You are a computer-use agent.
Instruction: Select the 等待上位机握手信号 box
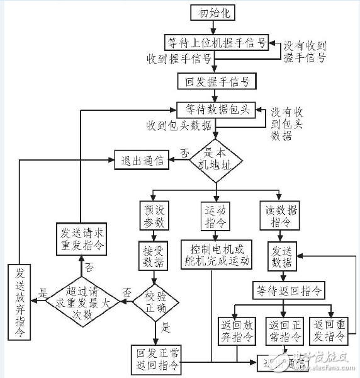point(216,43)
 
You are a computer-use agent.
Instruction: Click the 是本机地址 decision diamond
point(216,160)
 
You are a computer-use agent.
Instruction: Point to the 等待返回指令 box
point(290,290)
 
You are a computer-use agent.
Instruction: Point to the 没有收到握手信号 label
point(304,52)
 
